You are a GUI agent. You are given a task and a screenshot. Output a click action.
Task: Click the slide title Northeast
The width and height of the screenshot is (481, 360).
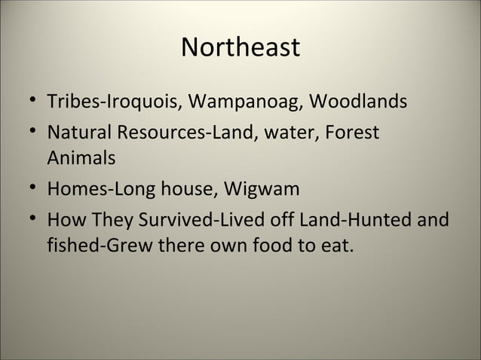240,48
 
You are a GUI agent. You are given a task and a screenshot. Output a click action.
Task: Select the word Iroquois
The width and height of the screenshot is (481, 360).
149,101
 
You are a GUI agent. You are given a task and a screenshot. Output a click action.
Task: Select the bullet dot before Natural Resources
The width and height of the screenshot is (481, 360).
28,135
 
